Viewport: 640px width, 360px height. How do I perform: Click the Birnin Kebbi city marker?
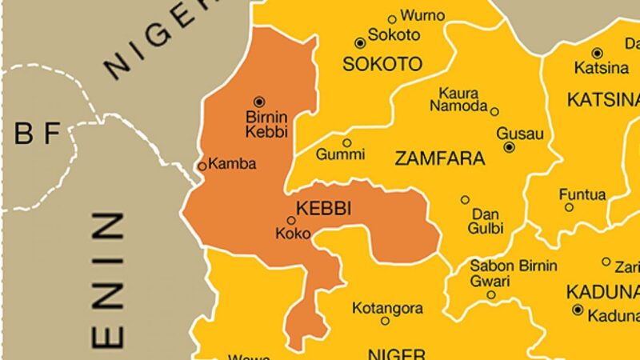point(258,102)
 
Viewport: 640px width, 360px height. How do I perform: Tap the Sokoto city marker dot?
point(360,42)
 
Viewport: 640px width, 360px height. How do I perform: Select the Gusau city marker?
point(509,147)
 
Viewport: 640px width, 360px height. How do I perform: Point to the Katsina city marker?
point(597,53)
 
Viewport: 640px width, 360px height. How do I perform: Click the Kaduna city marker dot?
point(577,310)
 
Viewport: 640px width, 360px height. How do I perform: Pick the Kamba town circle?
point(202,166)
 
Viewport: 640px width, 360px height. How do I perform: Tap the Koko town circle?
point(291,220)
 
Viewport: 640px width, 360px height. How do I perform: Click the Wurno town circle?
point(392,19)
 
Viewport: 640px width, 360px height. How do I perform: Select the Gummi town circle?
point(346,143)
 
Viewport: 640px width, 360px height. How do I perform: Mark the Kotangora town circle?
point(385,321)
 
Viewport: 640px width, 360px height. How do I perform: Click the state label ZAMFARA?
point(440,159)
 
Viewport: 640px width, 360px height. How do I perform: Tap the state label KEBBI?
point(325,208)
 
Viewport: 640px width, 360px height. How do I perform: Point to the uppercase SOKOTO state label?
point(382,65)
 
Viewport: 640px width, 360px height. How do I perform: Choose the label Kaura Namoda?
point(458,100)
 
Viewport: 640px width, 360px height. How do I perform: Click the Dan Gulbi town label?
point(487,222)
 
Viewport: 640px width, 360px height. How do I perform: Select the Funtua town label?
point(582,194)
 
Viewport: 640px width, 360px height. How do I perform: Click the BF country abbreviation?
point(38,135)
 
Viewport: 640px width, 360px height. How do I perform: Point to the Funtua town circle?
point(569,207)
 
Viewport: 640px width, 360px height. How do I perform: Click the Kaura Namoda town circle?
point(494,111)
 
